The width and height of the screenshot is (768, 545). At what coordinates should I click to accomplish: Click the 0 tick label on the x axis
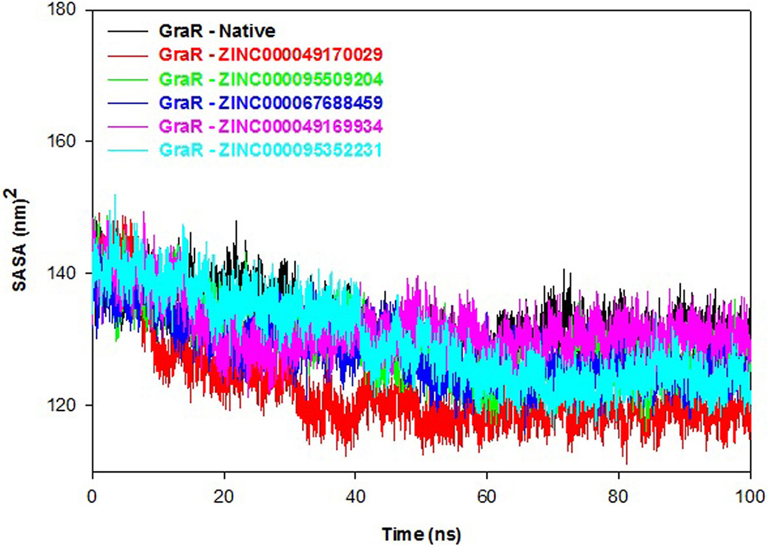click(93, 494)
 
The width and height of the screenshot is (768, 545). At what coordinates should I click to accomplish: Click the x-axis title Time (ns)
click(422, 532)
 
